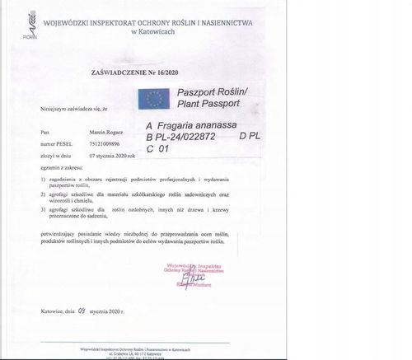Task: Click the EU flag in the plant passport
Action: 154,100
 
